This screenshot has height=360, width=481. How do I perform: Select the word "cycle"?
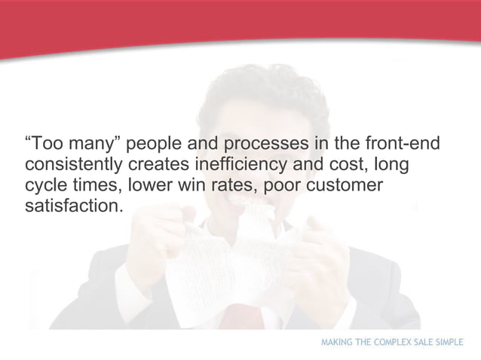(x=47, y=185)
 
